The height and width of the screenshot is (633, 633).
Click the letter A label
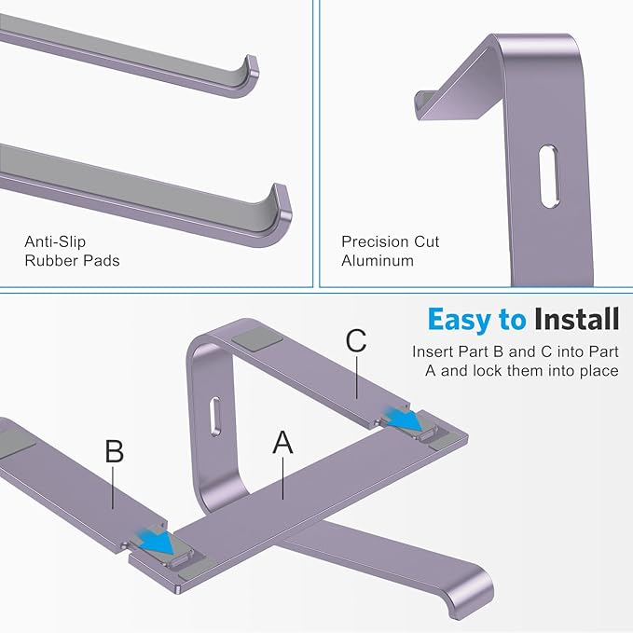pos(282,443)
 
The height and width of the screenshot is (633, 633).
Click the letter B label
pos(114,452)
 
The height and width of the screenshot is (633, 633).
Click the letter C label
pos(356,341)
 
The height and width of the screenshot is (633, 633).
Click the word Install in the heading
pos(576,320)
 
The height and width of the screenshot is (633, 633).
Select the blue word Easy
pos(462,320)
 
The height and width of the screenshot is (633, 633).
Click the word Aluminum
pos(378,261)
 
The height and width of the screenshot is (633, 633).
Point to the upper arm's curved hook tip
pos(249,76)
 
